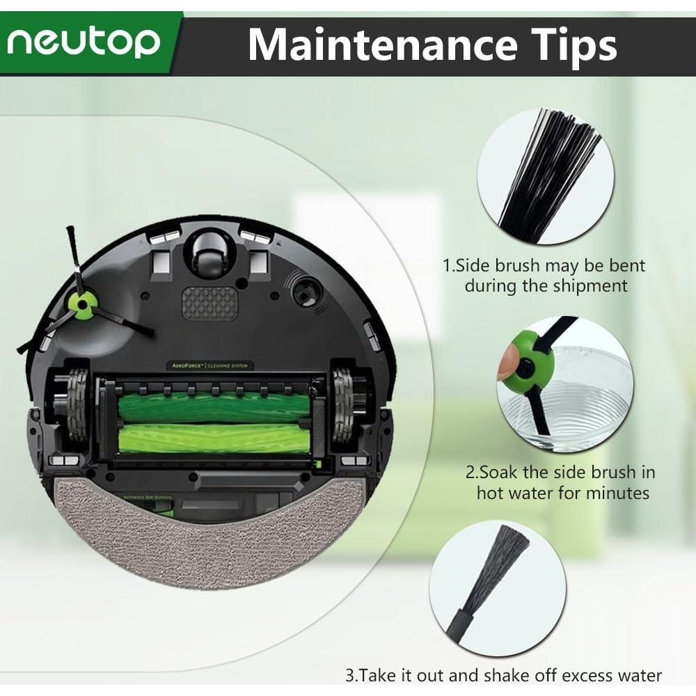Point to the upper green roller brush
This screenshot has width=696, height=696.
coord(214,407)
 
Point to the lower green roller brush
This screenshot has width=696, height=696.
coord(214,438)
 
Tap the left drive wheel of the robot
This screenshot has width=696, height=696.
coord(77,406)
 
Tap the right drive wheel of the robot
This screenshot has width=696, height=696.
coord(342,406)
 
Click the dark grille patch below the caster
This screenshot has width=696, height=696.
coord(209,304)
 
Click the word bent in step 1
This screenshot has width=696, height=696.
coord(627,266)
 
